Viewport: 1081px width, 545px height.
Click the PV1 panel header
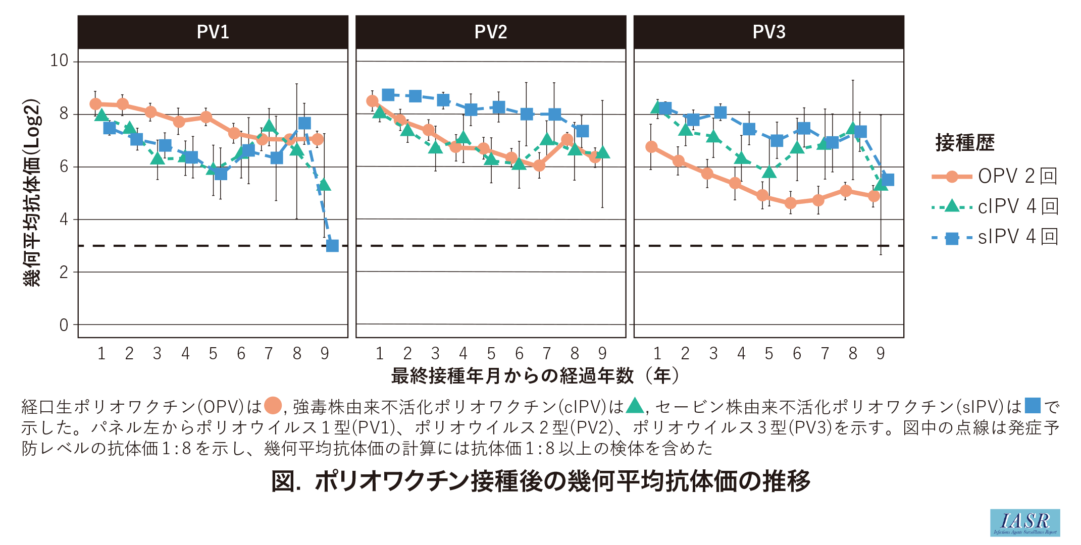(x=213, y=32)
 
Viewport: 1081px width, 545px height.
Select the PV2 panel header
(x=491, y=32)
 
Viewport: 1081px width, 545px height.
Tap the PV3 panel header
(x=769, y=32)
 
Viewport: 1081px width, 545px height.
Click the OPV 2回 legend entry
(x=995, y=176)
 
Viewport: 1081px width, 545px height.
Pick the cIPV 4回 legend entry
(x=995, y=206)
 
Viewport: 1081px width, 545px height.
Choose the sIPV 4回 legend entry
(x=995, y=237)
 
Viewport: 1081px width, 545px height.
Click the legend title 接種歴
(x=965, y=143)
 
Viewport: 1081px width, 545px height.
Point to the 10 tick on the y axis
(x=59, y=61)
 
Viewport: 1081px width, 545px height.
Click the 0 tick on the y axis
(x=64, y=325)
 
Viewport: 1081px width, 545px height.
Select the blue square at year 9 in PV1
(x=332, y=246)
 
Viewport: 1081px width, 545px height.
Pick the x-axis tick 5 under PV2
(x=491, y=354)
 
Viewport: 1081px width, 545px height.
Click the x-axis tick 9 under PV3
(x=881, y=354)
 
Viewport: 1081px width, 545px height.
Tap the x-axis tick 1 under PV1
(x=101, y=354)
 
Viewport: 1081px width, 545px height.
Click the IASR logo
(x=1025, y=523)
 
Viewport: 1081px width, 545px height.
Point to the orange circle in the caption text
(x=273, y=406)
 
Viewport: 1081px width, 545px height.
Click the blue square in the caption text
(x=1033, y=406)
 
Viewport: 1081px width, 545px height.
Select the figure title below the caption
(x=540, y=481)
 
